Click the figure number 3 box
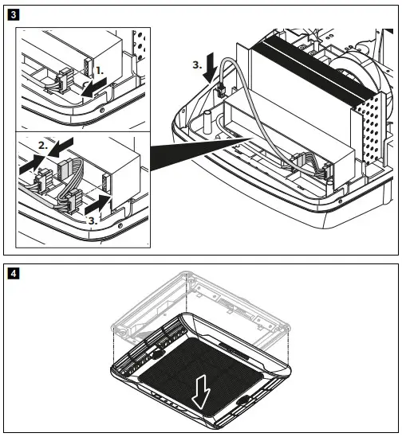9,14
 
